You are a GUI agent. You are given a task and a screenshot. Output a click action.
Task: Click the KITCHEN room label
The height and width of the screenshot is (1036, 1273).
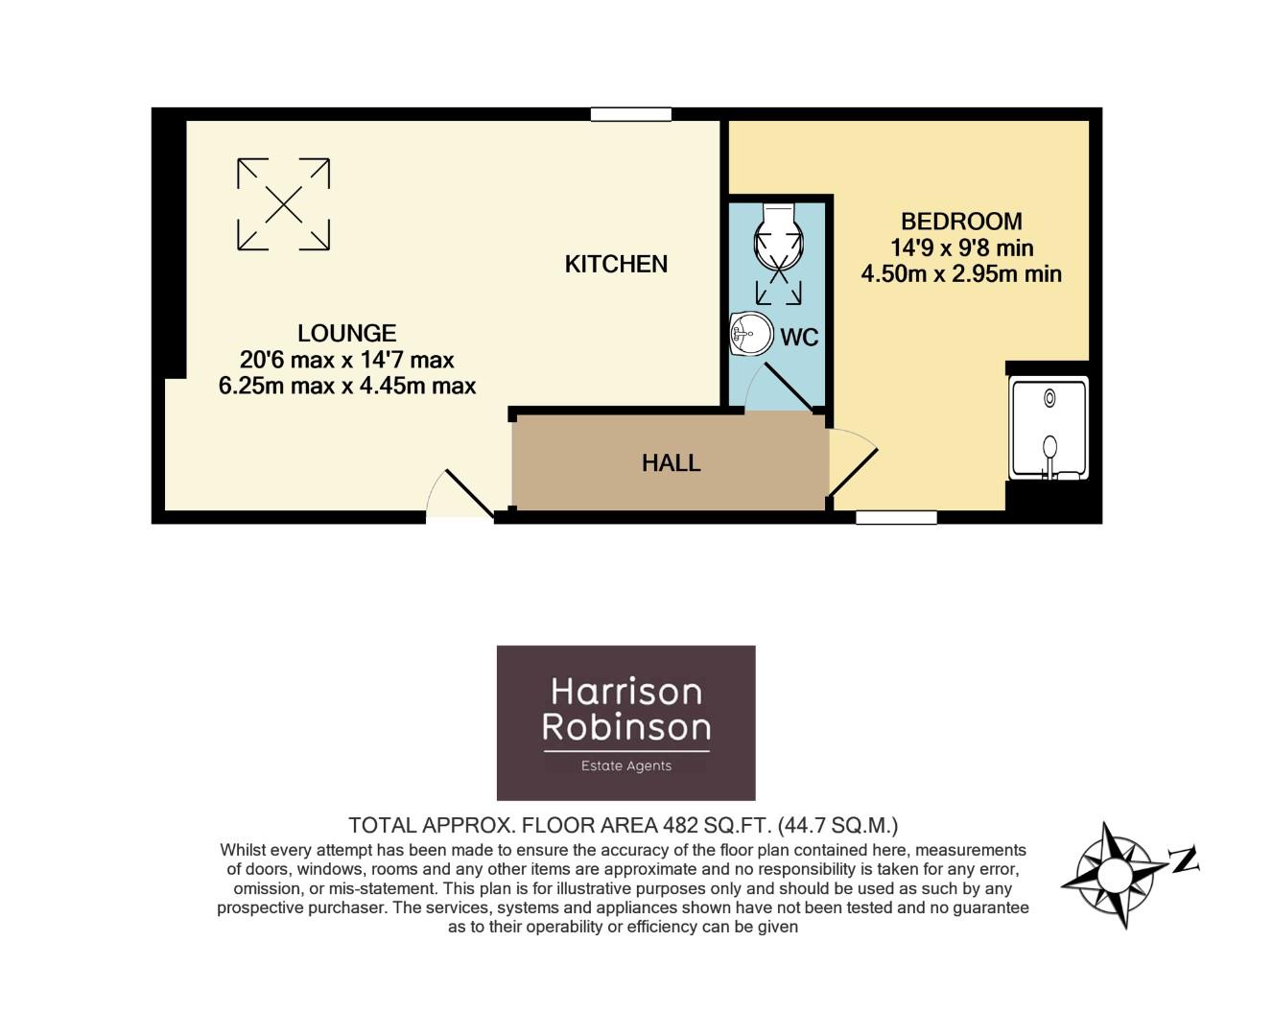[616, 264]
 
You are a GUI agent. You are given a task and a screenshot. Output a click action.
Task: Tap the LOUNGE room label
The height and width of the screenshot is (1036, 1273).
[346, 333]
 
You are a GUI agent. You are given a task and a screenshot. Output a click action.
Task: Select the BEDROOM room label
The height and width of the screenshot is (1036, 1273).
[961, 222]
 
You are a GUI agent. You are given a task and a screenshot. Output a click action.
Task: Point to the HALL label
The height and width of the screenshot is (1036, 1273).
[671, 463]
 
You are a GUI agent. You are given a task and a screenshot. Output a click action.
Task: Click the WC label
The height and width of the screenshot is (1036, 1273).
[798, 338]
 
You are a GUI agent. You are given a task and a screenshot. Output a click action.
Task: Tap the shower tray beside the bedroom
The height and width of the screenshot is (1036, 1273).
[1049, 429]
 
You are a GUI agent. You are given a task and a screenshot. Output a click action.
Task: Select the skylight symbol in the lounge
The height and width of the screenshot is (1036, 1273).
[284, 204]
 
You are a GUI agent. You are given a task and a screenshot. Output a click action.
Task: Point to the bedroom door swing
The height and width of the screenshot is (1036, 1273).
[853, 463]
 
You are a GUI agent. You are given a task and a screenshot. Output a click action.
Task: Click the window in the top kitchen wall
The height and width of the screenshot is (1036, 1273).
[630, 114]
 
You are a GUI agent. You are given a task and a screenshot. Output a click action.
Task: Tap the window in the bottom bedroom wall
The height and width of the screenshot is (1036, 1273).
[896, 518]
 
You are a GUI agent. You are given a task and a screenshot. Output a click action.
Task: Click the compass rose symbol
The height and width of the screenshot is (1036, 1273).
[1113, 874]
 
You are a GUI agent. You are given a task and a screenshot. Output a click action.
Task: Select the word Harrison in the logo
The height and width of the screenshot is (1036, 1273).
[625, 692]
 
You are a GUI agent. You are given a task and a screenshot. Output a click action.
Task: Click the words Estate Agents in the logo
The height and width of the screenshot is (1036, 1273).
[625, 765]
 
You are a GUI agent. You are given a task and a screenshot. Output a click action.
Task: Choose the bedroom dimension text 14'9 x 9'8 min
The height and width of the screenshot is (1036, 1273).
[961, 248]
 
